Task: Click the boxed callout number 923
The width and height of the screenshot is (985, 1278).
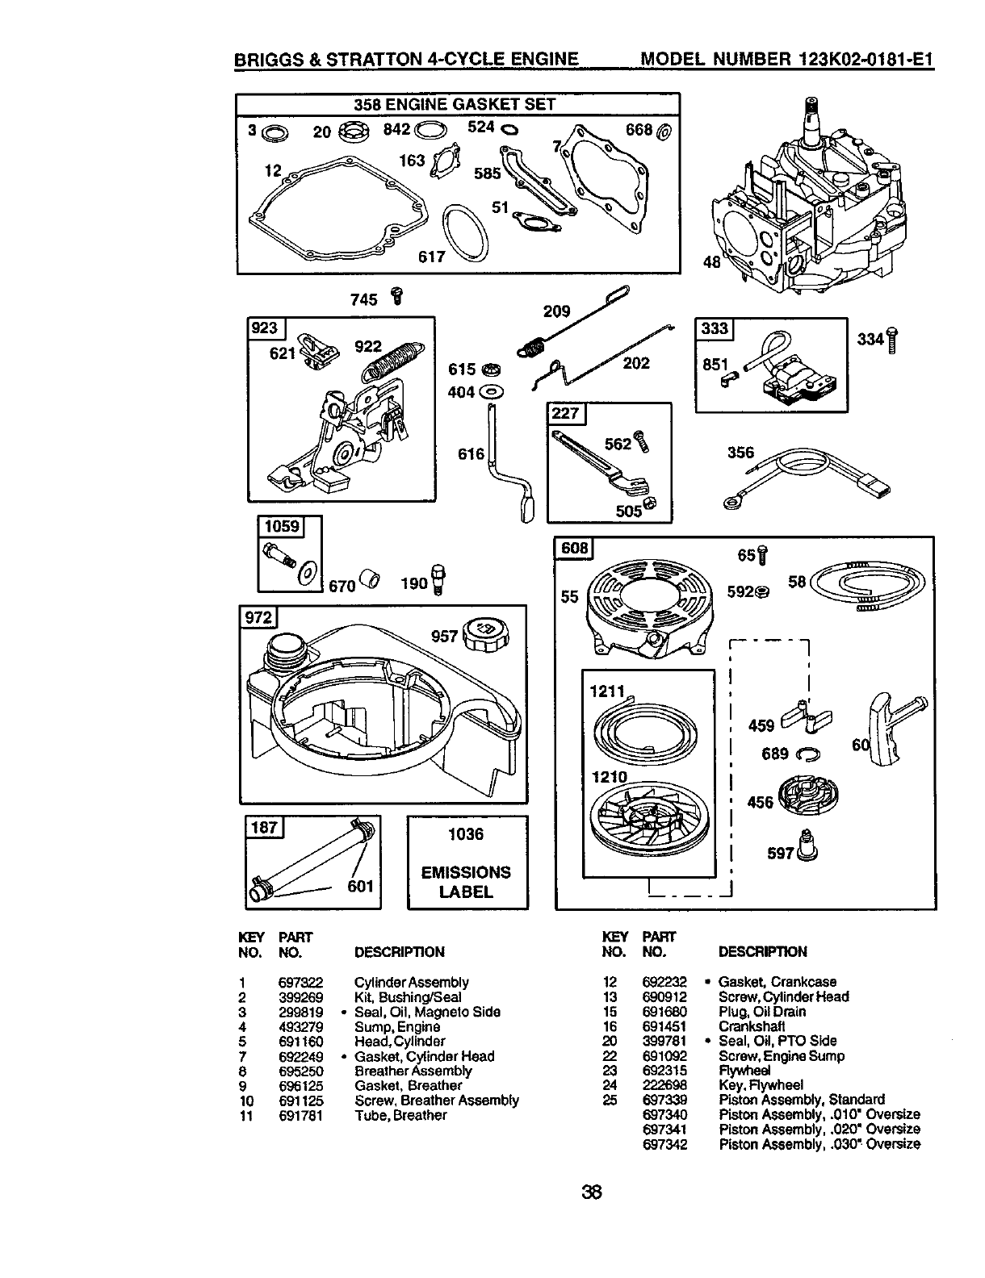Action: [266, 328]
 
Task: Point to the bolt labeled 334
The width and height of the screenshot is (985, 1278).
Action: [892, 340]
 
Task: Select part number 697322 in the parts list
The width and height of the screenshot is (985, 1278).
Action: [300, 982]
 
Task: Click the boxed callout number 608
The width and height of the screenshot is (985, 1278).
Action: [574, 549]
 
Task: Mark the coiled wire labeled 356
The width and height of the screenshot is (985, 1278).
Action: [807, 476]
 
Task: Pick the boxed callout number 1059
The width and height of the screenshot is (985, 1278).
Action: [280, 527]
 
